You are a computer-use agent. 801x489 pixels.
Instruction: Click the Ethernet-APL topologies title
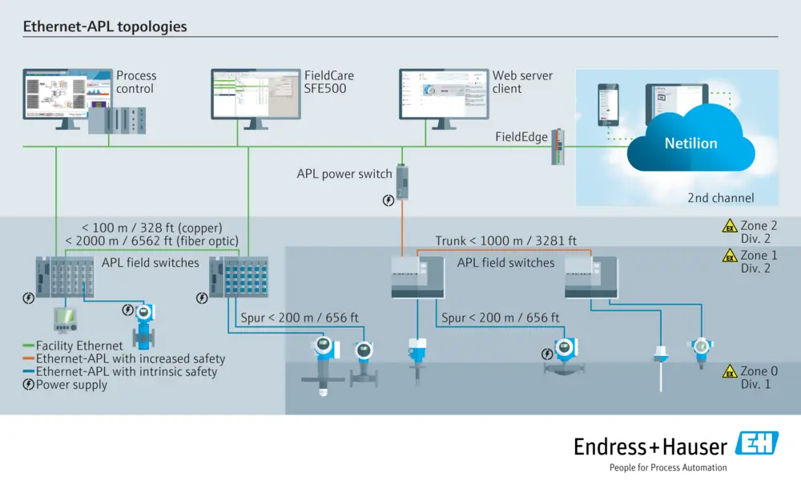click(105, 26)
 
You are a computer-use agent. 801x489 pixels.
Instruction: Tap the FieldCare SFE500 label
click(328, 82)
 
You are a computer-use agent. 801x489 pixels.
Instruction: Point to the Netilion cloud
click(690, 143)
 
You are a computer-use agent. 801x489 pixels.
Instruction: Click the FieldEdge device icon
click(558, 147)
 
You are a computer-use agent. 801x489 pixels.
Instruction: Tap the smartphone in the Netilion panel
click(610, 104)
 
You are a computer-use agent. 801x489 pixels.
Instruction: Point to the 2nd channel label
click(721, 198)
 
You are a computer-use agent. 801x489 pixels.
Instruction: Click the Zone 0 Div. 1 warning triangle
click(729, 372)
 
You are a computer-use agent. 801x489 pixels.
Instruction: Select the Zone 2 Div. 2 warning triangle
click(729, 227)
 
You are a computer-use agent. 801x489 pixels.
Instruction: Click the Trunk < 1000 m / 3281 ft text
click(505, 240)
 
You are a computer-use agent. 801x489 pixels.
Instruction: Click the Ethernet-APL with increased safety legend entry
click(124, 358)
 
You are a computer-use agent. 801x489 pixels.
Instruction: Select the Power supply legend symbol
click(29, 384)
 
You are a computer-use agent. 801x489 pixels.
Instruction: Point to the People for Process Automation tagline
click(668, 467)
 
